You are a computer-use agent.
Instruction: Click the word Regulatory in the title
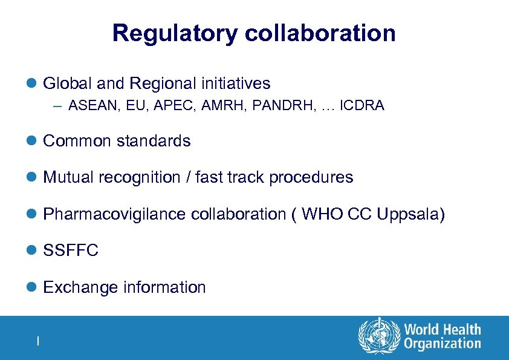175,33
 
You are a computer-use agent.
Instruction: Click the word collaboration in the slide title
320,33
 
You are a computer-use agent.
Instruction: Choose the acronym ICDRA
362,106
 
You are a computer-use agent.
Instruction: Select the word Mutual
68,177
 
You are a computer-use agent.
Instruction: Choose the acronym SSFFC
71,250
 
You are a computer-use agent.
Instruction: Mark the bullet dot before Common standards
33,142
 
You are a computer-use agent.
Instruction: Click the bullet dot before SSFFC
33,251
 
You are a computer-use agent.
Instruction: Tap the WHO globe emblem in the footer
379,336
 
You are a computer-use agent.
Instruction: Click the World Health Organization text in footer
443,336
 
